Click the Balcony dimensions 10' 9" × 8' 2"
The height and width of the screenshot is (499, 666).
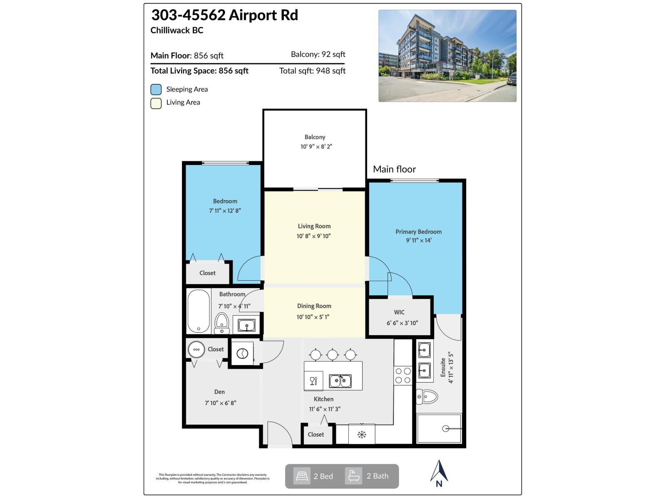click(316, 146)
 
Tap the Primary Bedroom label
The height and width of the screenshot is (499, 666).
click(418, 232)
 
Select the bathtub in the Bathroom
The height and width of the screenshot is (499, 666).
click(199, 311)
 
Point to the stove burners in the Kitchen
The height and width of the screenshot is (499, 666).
click(403, 375)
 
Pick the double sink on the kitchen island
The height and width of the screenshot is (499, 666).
click(340, 381)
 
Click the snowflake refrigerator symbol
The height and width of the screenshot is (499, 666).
click(362, 435)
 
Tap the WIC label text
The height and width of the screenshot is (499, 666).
click(399, 312)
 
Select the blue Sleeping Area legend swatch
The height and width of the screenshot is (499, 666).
click(156, 89)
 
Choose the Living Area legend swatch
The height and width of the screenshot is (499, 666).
click(156, 103)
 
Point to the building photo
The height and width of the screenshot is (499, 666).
click(447, 56)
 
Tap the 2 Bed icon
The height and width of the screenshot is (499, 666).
click(302, 476)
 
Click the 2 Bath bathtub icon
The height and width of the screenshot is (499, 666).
click(353, 476)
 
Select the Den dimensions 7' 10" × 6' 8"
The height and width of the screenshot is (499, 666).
click(220, 403)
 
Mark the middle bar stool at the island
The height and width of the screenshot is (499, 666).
click(332, 355)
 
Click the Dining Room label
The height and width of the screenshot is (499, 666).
click(314, 306)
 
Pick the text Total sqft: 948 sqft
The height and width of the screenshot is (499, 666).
click(312, 71)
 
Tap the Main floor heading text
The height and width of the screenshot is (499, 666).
click(394, 169)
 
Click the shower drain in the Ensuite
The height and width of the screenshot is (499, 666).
click(445, 429)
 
